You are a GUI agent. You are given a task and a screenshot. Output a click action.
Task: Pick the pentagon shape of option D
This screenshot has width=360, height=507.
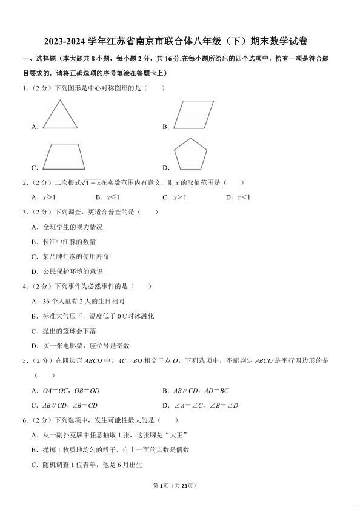[192, 156]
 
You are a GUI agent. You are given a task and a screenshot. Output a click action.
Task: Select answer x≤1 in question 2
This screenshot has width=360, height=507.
[113, 197]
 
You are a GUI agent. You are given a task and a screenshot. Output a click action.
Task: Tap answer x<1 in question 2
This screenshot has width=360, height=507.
[243, 197]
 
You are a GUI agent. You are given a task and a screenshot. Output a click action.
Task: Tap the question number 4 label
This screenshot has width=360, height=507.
[25, 286]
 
